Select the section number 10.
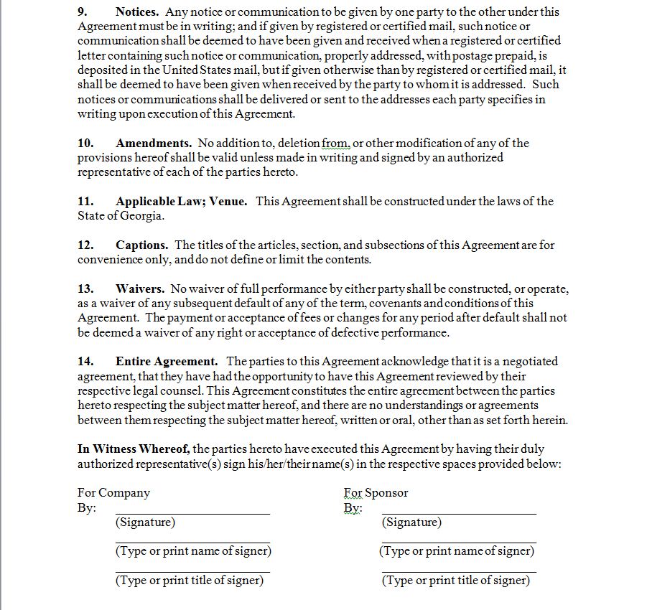(85, 143)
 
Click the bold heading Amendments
(153, 143)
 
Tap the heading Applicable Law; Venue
(181, 201)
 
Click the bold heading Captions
(141, 245)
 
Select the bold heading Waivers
(140, 288)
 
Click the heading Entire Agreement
(166, 361)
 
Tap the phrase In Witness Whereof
(134, 449)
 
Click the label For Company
(113, 492)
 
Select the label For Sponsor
(376, 492)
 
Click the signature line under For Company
(192, 512)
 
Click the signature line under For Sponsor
(459, 512)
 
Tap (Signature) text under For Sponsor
(411, 522)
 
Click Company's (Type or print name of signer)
(193, 551)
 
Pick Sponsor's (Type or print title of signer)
(456, 580)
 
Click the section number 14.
(85, 361)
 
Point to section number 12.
(85, 245)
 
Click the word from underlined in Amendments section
(335, 143)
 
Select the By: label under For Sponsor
(353, 508)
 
